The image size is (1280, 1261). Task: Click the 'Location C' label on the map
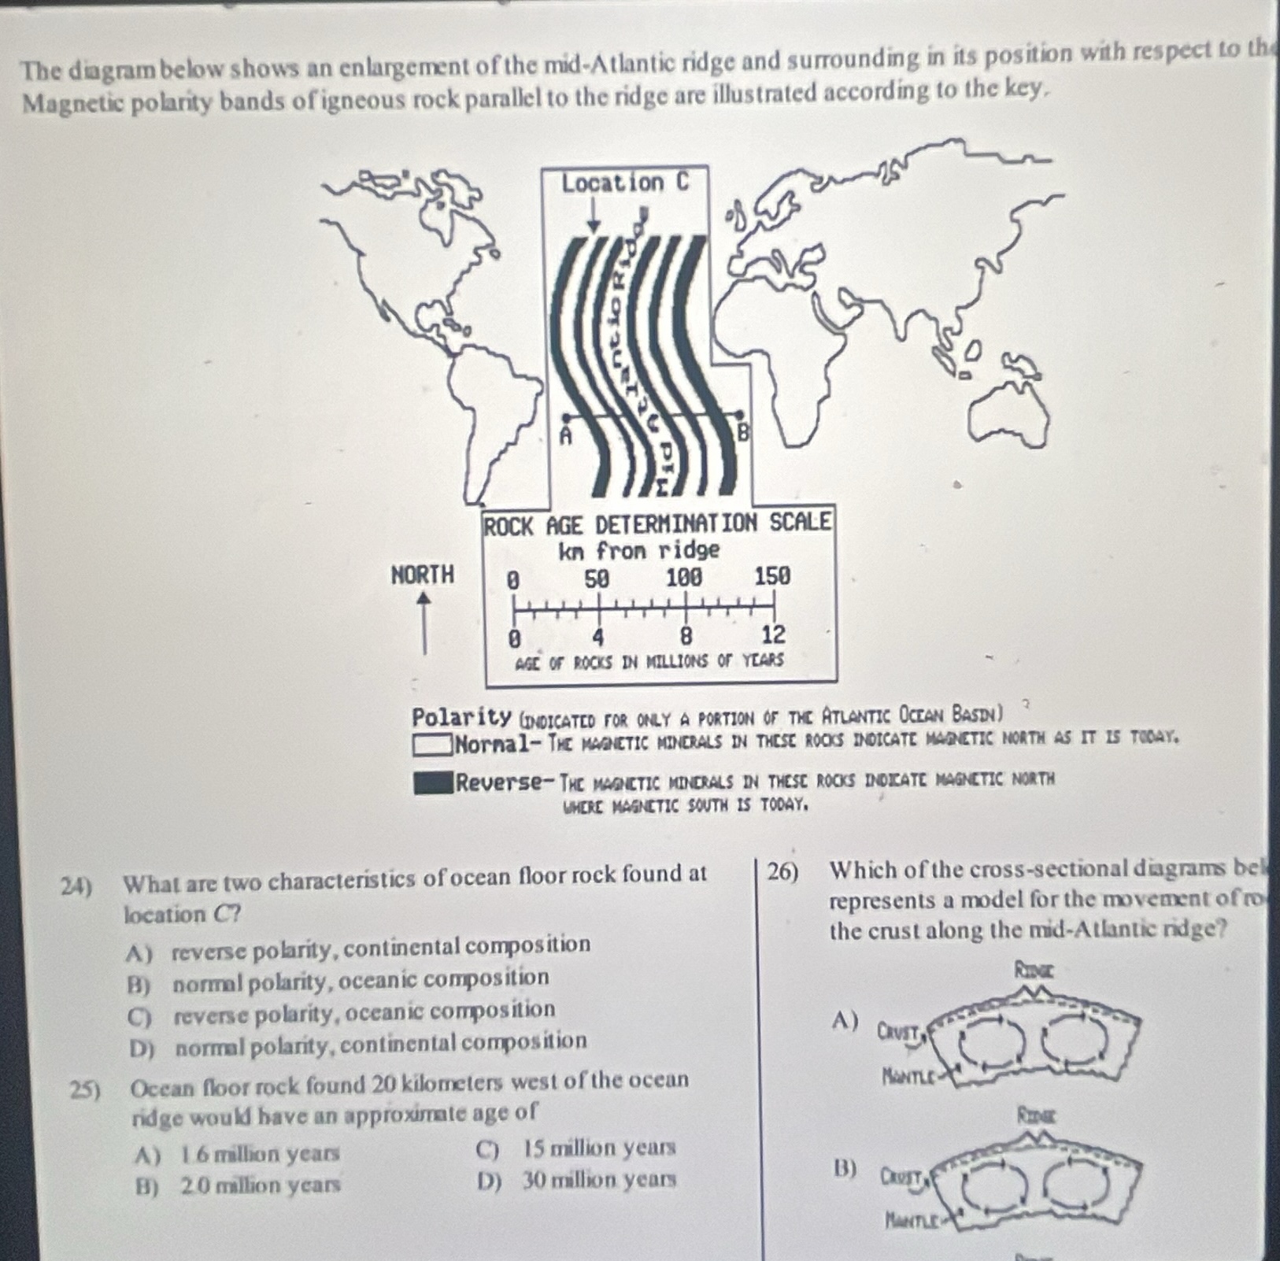[624, 183]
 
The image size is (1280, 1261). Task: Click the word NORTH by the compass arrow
[423, 575]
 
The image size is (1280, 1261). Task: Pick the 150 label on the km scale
[772, 577]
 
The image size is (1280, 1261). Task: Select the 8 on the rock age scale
[686, 634]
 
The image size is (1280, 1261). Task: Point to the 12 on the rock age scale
[773, 634]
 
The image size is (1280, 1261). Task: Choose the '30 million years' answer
[598, 1180]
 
